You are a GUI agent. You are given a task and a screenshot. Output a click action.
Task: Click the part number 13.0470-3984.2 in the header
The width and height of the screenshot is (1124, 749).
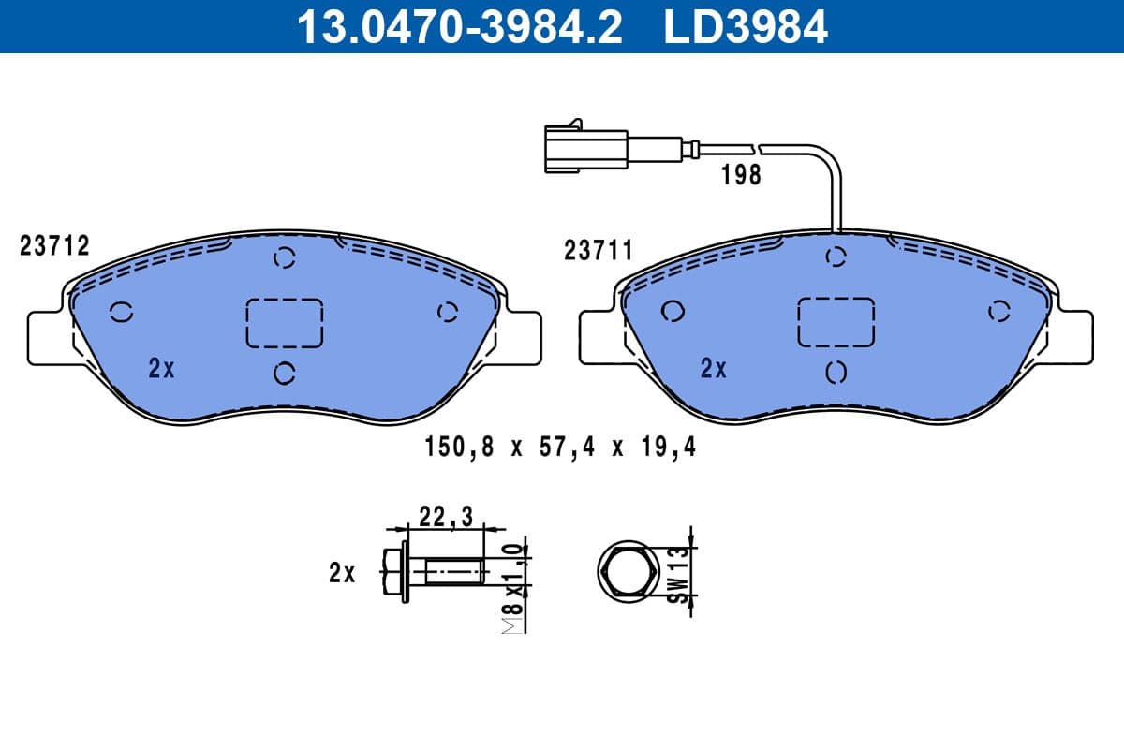pyautogui.click(x=458, y=26)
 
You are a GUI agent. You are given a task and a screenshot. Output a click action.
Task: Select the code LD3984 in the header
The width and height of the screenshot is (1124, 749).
pyautogui.click(x=746, y=26)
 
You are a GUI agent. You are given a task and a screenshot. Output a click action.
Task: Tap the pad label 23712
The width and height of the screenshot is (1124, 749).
pyautogui.click(x=54, y=246)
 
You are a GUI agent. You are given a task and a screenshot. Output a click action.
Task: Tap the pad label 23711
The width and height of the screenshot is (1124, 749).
pyautogui.click(x=599, y=251)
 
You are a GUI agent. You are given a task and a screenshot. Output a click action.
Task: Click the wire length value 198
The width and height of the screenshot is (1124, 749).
pyautogui.click(x=742, y=175)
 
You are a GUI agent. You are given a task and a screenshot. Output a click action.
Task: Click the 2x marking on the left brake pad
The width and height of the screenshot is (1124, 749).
pyautogui.click(x=162, y=369)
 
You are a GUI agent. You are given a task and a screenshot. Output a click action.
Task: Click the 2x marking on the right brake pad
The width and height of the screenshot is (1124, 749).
pyautogui.click(x=714, y=369)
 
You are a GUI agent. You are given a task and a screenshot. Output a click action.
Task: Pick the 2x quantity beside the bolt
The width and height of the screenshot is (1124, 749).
pyautogui.click(x=342, y=573)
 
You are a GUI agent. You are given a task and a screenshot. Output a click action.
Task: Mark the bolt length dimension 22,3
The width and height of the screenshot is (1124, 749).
pyautogui.click(x=445, y=514)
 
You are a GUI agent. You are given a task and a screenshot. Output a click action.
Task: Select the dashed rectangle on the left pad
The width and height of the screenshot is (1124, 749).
pyautogui.click(x=284, y=323)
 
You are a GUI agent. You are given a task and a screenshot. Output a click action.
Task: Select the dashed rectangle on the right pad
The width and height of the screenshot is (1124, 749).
pyautogui.click(x=836, y=323)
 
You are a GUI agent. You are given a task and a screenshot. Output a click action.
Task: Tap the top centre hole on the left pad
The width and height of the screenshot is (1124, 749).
pyautogui.click(x=285, y=257)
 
